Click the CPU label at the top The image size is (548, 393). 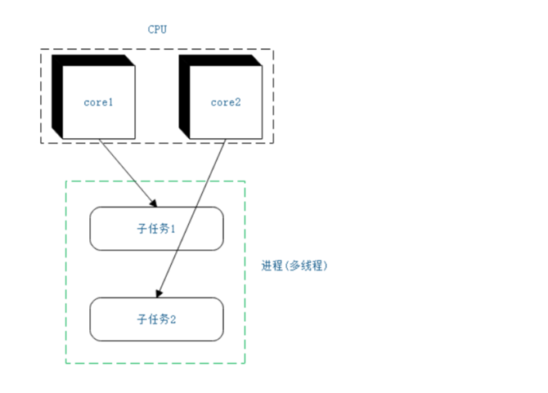157,29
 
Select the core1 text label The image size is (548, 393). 98,103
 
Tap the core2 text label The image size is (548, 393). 225,103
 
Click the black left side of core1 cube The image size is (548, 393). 56,94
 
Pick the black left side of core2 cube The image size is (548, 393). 184,94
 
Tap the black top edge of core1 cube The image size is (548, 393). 92,60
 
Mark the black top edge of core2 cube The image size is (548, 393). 219,60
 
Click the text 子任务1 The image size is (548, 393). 156,229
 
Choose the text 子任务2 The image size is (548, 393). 156,319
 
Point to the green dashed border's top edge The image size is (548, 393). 155,181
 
